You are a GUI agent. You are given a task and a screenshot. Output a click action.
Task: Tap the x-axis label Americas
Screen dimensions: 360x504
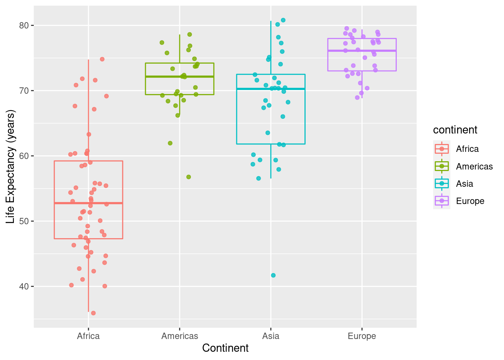[180, 336]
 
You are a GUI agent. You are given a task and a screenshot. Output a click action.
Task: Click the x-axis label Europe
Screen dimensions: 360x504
[362, 336]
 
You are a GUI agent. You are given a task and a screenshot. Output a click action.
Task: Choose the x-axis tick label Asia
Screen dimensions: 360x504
[271, 336]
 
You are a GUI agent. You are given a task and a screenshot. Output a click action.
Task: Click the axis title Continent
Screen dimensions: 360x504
[225, 348]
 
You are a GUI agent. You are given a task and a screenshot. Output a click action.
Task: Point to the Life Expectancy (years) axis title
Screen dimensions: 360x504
[10, 166]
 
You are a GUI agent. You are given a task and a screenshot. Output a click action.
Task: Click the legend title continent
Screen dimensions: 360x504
[455, 130]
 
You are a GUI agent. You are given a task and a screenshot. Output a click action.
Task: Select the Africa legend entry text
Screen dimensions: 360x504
[467, 149]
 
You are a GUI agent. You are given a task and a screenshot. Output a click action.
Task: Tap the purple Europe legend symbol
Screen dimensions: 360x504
[442, 201]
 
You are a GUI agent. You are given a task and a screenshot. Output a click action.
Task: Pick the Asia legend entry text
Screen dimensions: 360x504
[465, 184]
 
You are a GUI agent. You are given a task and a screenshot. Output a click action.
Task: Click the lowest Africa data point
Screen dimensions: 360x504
[93, 313]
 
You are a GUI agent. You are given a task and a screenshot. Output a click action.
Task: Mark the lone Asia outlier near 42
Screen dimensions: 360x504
[273, 275]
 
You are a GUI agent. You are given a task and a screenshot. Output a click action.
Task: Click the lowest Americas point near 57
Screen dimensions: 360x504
[189, 177]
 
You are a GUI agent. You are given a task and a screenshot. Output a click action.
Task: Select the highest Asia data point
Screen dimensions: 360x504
[283, 20]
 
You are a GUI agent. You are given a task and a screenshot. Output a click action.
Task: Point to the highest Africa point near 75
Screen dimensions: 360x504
[102, 59]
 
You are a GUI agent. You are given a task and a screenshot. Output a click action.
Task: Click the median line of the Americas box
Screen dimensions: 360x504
[180, 76]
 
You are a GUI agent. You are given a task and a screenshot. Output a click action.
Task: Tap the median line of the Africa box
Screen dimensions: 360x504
[88, 203]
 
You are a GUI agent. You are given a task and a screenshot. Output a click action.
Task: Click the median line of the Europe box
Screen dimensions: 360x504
[362, 51]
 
